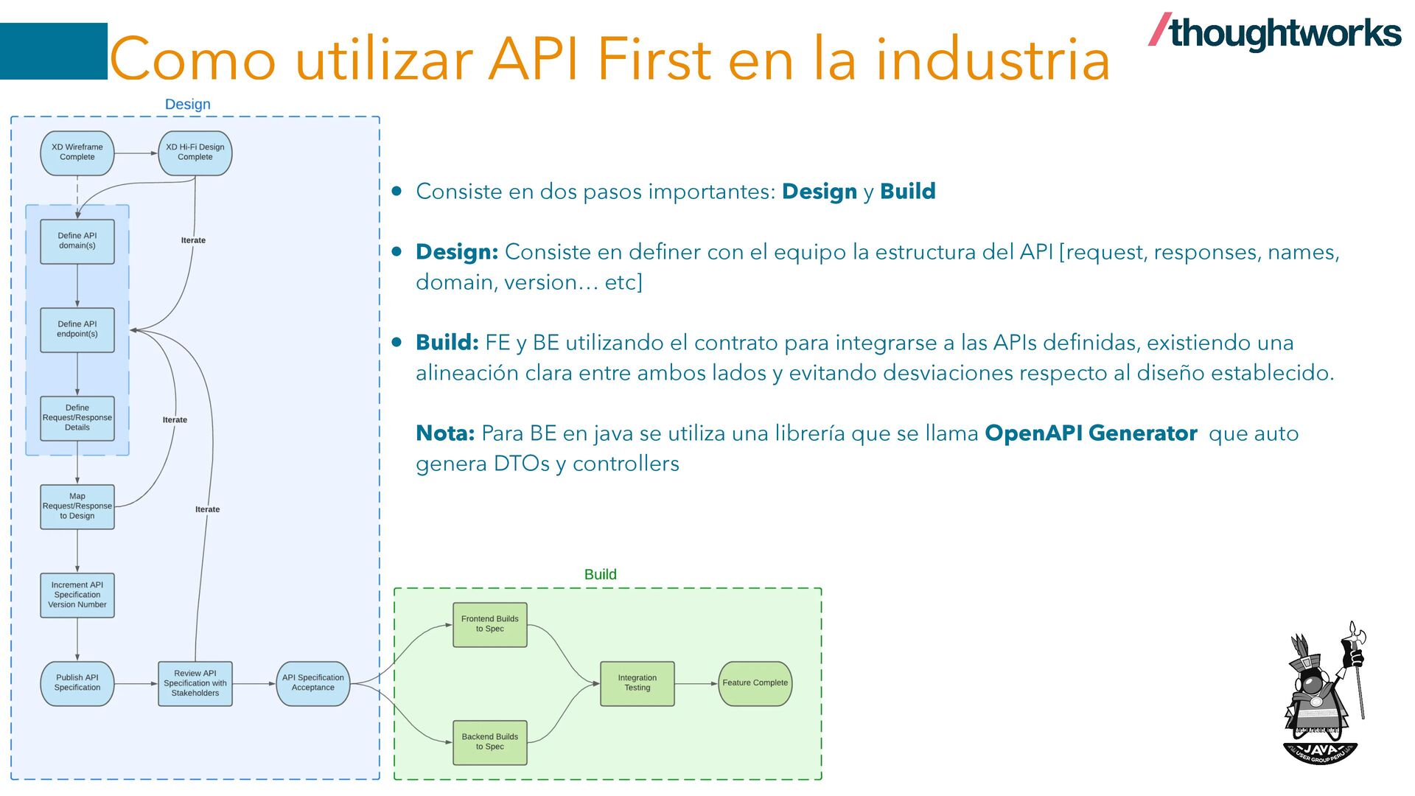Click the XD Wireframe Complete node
click(x=77, y=153)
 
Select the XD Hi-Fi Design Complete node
click(x=195, y=153)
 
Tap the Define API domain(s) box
click(x=77, y=241)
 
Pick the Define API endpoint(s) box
click(x=77, y=329)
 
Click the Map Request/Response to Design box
click(x=77, y=506)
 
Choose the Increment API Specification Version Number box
click(x=77, y=595)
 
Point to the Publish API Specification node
click(x=77, y=683)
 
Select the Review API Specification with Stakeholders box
click(x=195, y=683)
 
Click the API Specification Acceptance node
click(x=313, y=683)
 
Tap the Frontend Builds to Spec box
click(x=490, y=624)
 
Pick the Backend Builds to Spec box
click(x=490, y=742)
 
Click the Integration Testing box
click(x=637, y=683)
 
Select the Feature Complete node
click(x=755, y=683)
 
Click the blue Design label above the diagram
click(x=188, y=105)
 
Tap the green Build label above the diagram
click(x=601, y=575)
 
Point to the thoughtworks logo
click(x=1275, y=33)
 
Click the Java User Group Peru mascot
click(x=1323, y=693)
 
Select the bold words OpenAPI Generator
click(x=1091, y=433)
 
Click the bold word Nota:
click(x=445, y=433)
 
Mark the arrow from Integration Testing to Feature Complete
click(x=696, y=683)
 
